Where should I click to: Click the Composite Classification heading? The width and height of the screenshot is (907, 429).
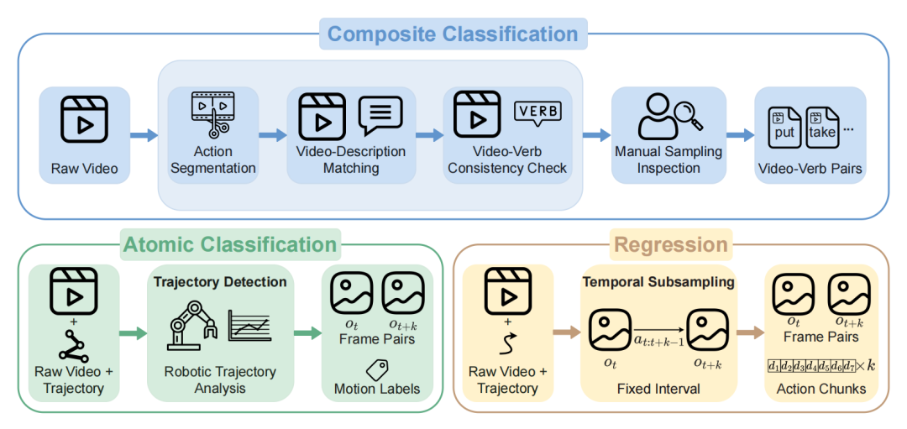pos(453,34)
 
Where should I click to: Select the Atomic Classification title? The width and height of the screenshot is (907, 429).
pos(230,244)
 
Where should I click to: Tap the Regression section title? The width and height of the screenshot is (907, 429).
pos(670,244)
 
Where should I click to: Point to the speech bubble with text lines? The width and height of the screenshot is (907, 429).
pos(380,115)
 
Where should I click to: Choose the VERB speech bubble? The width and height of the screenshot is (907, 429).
pos(537,112)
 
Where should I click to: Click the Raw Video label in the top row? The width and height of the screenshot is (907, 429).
pos(84,169)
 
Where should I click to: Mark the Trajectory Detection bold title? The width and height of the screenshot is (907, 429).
pos(220,282)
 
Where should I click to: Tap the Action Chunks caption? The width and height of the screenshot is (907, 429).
pos(820,389)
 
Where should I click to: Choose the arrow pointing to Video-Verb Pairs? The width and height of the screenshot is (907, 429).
pos(740,134)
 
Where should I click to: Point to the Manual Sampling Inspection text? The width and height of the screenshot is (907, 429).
pos(668,160)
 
